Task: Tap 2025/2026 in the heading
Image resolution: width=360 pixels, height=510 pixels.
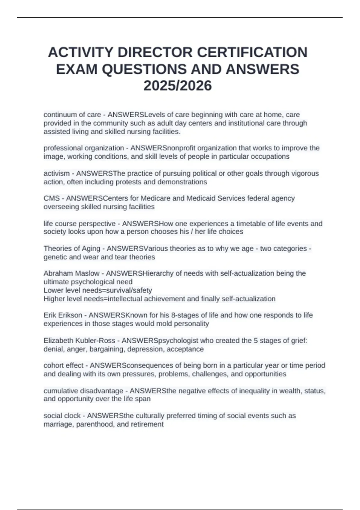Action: [x=178, y=86]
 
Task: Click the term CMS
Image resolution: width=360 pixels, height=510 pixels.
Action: [x=52, y=198]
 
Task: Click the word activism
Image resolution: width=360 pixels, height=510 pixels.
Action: [x=56, y=173]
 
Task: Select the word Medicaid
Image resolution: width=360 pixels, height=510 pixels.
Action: [x=201, y=198]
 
